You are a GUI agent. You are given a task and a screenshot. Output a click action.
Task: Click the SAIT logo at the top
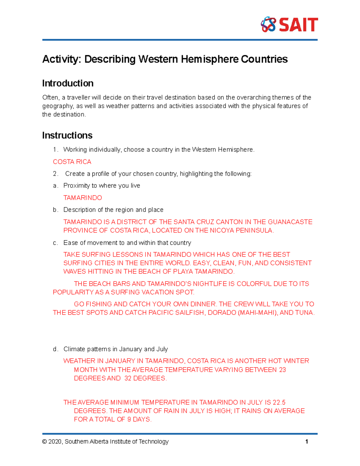(x=289, y=25)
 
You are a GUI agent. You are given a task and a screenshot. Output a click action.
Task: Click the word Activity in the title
(x=61, y=59)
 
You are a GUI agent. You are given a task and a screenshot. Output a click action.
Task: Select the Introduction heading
(x=68, y=83)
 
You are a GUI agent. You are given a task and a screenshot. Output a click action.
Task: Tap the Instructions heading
(x=67, y=135)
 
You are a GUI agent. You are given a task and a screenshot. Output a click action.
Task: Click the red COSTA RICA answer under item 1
(x=72, y=162)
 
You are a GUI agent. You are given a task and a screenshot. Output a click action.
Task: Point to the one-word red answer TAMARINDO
(x=82, y=198)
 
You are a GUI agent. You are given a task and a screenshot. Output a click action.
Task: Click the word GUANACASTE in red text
(x=290, y=222)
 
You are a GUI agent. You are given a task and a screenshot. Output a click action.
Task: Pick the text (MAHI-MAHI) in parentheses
(x=257, y=313)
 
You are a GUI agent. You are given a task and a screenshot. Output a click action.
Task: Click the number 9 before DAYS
(x=129, y=419)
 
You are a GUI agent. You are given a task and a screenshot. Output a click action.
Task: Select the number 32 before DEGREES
(x=128, y=378)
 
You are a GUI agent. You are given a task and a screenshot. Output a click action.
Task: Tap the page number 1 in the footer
(x=307, y=442)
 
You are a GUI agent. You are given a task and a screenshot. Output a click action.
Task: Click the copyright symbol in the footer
(x=44, y=442)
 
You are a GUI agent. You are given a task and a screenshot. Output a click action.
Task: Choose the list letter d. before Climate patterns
(x=55, y=349)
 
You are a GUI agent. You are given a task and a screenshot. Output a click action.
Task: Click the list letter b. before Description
(x=55, y=210)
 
